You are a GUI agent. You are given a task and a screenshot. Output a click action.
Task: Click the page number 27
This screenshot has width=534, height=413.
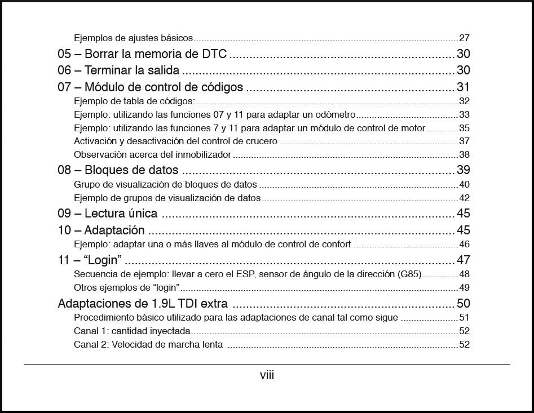[464, 38]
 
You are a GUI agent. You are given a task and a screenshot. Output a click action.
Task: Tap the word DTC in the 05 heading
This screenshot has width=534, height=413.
[214, 54]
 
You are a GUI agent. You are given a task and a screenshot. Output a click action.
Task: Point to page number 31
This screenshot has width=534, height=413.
[463, 87]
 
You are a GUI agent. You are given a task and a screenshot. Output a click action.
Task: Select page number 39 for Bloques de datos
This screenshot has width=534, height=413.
[463, 170]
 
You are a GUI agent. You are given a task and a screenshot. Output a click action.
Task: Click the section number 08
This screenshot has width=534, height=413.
[64, 170]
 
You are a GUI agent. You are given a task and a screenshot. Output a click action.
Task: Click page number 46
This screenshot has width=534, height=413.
[464, 245]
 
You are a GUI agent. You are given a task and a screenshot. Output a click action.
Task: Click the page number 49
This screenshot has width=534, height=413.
[464, 288]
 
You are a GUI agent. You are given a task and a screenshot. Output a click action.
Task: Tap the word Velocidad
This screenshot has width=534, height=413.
[131, 345]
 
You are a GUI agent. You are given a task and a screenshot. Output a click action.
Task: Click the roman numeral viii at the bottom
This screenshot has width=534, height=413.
[267, 375]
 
